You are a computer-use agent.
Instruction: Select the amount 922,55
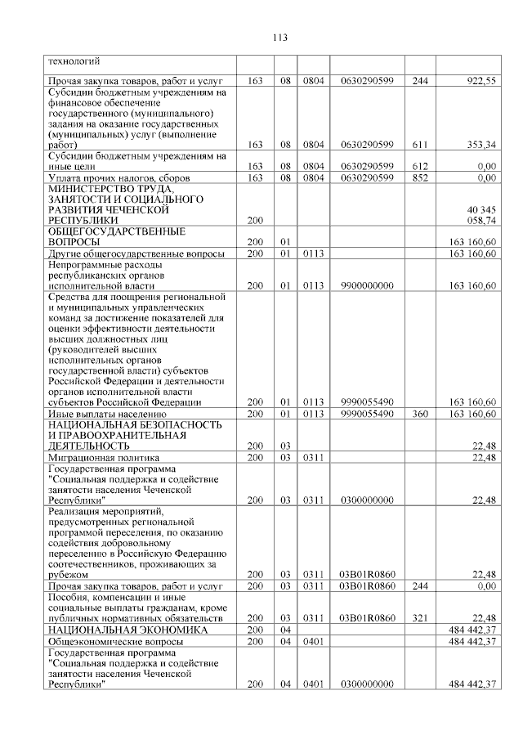481,80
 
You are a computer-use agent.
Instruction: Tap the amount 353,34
480,145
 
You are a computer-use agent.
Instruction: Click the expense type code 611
420,145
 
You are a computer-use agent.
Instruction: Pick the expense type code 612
420,166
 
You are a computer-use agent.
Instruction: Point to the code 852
420,177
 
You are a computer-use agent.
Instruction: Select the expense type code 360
420,414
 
